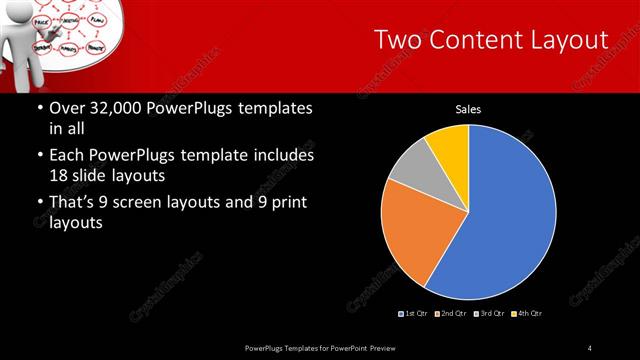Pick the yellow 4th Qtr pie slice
click(449, 145)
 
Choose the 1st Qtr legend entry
click(416, 314)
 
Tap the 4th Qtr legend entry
click(529, 314)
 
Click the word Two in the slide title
click(397, 40)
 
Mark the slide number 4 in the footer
click(590, 347)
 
